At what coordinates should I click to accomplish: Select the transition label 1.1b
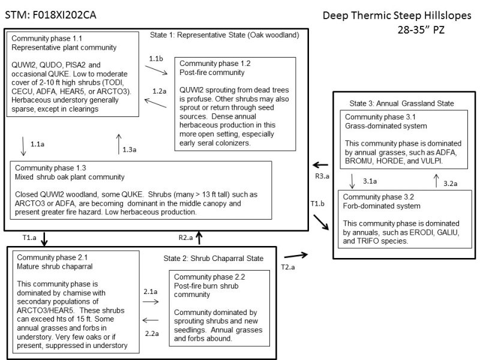157,59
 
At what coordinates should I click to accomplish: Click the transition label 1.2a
159,91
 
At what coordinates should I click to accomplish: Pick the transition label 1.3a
130,149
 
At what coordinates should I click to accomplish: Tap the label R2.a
186,238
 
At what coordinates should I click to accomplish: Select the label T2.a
289,266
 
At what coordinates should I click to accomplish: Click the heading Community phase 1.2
215,64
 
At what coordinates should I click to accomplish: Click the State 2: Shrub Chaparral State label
213,259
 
